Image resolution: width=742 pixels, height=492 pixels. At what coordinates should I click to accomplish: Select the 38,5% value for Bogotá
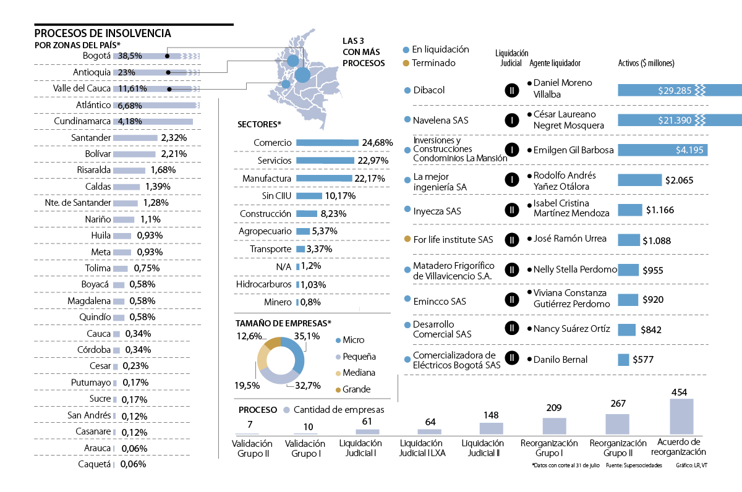point(130,56)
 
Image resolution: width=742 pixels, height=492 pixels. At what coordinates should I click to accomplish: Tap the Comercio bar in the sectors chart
point(327,143)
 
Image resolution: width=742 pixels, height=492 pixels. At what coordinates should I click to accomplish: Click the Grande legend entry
point(356,389)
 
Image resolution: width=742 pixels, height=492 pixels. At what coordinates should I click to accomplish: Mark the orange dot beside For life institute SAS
point(406,239)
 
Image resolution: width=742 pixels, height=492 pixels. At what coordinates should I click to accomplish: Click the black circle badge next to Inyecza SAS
point(511,210)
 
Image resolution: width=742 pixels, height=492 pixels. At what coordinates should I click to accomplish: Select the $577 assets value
point(642,360)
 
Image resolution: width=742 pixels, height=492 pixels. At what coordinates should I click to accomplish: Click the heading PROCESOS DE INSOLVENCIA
point(103,33)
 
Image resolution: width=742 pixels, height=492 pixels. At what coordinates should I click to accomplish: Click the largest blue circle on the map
point(302,75)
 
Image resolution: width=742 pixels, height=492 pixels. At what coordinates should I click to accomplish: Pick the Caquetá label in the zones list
point(95,464)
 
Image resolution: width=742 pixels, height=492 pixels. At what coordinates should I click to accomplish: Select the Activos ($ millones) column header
point(646,63)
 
